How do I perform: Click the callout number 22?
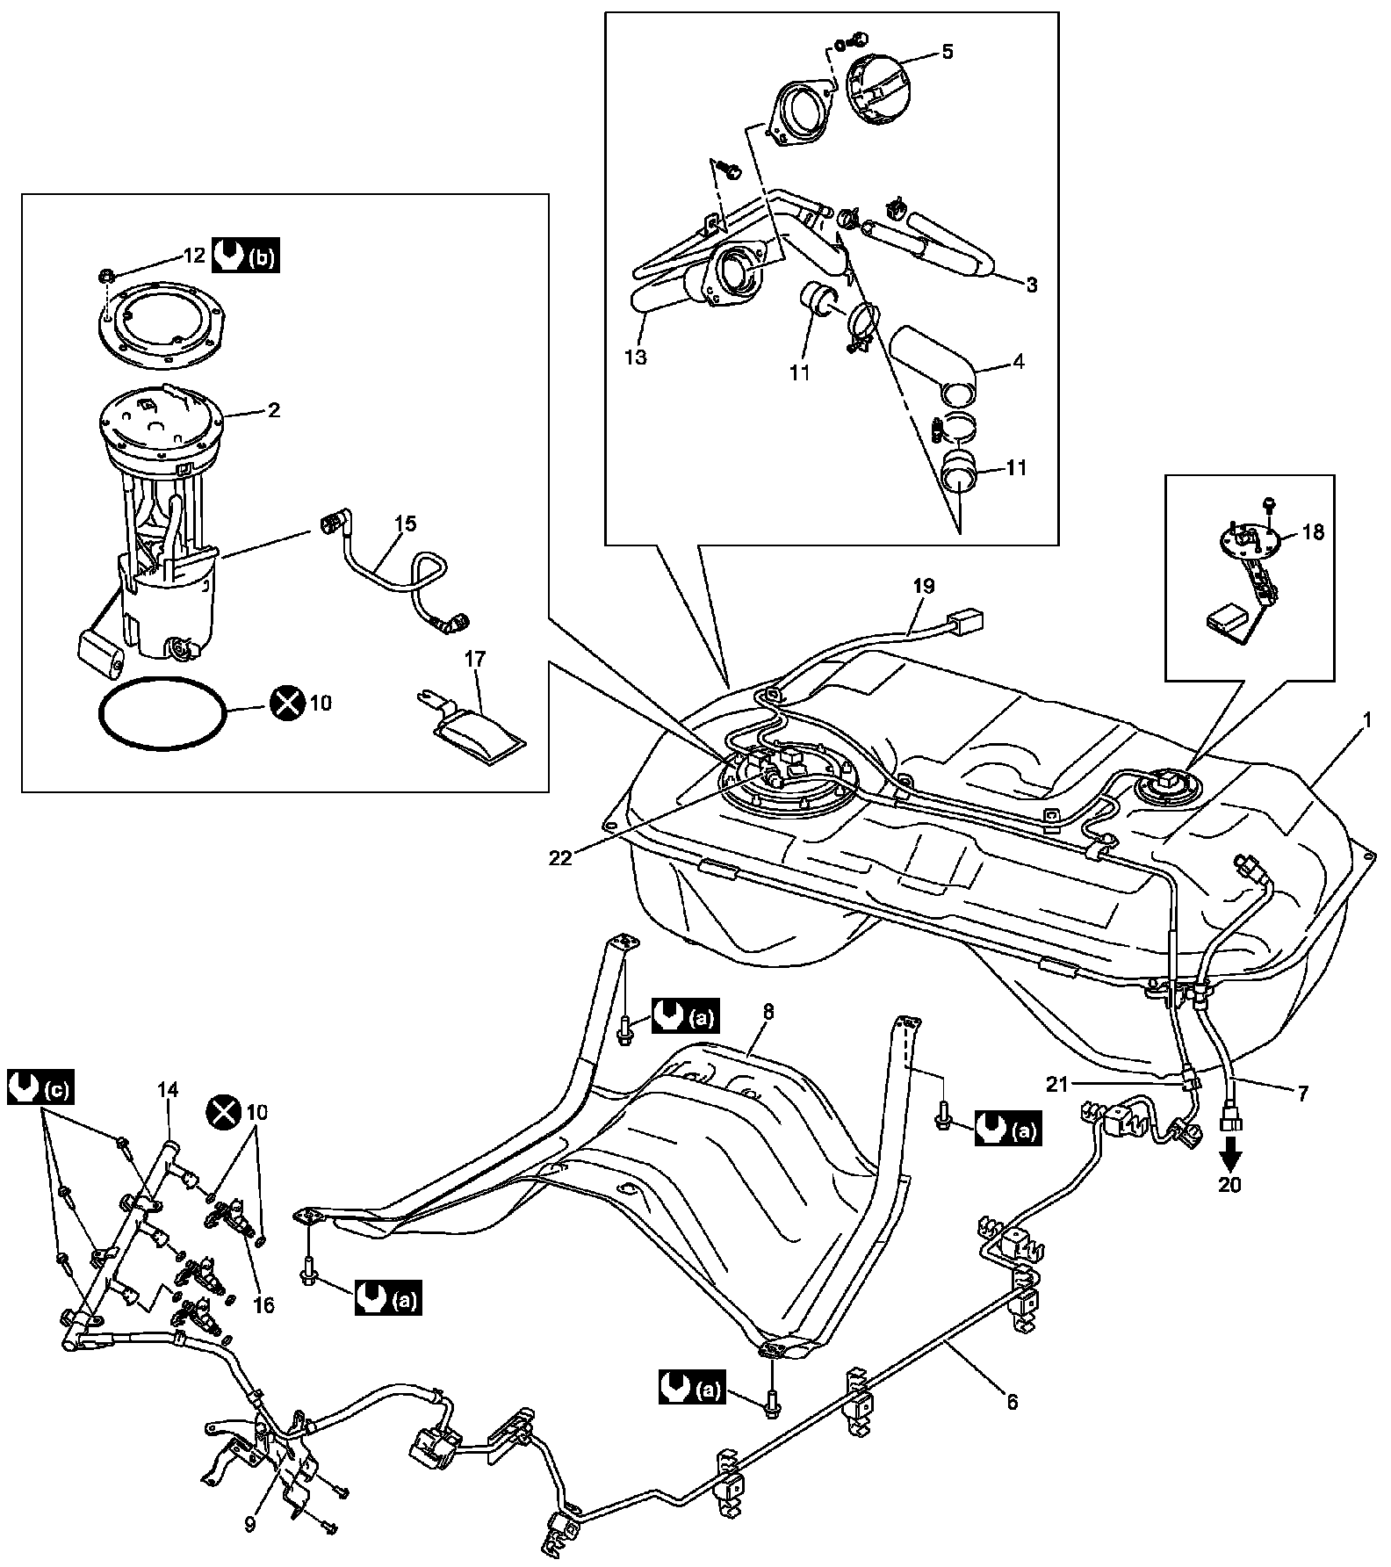point(560,858)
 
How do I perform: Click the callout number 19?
point(924,585)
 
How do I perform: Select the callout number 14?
point(168,1090)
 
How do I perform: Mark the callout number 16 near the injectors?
point(264,1306)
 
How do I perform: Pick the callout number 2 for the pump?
point(274,410)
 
